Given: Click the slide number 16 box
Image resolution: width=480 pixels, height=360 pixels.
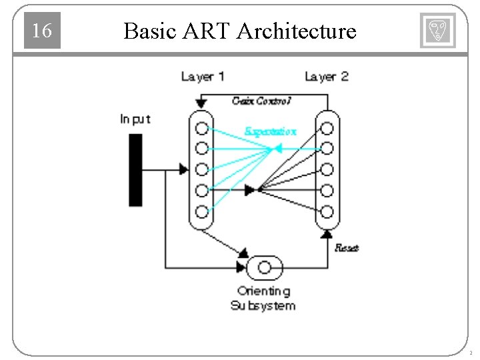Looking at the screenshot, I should (x=42, y=31).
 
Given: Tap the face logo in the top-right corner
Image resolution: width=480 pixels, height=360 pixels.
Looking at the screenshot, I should (x=437, y=31).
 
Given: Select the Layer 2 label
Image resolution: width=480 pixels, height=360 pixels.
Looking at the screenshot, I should (x=327, y=77).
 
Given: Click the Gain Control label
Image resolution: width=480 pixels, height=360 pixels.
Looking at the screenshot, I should (x=262, y=101).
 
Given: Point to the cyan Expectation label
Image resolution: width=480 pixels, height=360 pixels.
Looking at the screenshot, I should (x=270, y=131).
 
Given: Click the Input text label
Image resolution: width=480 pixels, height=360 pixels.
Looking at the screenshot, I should (x=135, y=119).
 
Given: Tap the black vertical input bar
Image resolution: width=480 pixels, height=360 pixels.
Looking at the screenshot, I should (x=135, y=169).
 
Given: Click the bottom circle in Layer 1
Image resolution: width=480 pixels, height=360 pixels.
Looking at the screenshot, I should (x=201, y=213).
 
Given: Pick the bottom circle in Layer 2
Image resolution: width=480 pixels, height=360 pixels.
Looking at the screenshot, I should (x=327, y=213).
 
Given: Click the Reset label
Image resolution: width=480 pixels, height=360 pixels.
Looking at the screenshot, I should (x=346, y=248).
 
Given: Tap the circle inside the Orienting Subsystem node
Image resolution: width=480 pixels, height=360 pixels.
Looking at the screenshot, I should (x=265, y=268).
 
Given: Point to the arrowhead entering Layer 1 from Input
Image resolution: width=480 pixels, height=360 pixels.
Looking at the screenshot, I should (x=183, y=170).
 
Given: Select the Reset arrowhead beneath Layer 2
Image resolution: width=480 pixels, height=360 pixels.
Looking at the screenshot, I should (x=327, y=234).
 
